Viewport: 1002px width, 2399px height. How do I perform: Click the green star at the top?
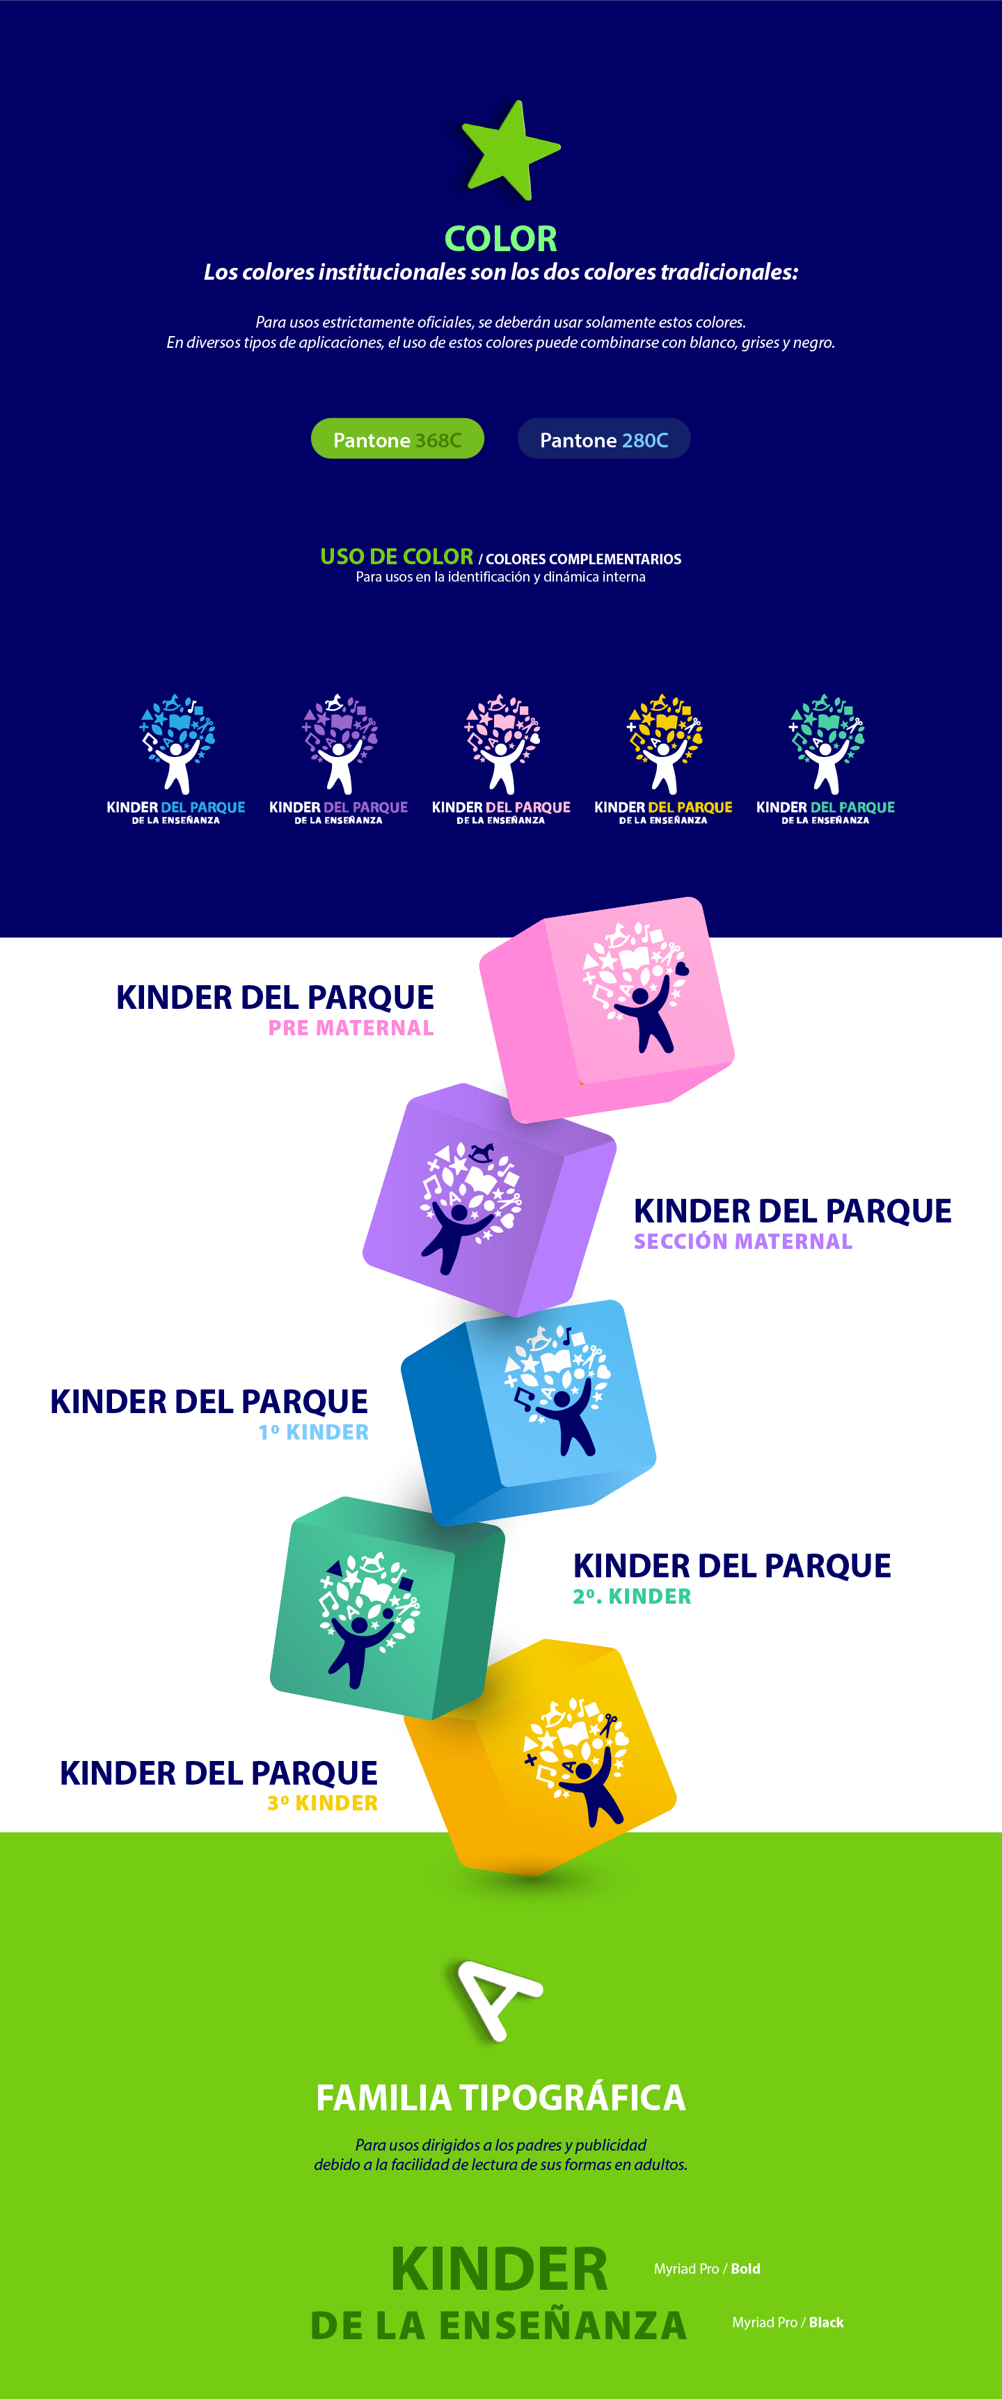point(509,152)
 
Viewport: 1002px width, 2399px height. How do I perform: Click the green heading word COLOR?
point(500,239)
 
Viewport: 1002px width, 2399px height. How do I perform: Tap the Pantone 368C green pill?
point(397,438)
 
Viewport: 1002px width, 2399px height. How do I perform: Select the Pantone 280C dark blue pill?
point(603,438)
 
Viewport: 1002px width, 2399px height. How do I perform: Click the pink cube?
point(614,1006)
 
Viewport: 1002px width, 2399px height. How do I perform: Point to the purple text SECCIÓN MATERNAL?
point(742,1241)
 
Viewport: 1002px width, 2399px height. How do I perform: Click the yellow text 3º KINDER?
point(322,1803)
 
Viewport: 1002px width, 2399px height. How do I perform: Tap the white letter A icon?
point(500,1998)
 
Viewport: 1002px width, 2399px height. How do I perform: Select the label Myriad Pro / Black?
point(788,2322)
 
